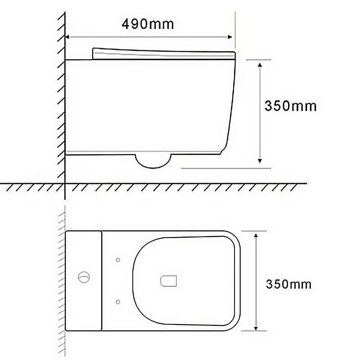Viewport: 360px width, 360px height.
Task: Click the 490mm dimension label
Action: (x=148, y=24)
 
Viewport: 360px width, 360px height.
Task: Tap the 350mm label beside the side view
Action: (x=290, y=106)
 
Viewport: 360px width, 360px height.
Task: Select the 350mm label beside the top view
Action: (x=288, y=284)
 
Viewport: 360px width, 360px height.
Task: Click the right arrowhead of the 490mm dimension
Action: (x=230, y=37)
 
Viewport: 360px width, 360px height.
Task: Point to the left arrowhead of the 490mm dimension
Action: (x=67, y=37)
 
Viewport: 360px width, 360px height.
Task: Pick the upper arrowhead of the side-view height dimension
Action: (x=260, y=65)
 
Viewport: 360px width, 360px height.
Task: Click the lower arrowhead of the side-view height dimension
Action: (x=260, y=161)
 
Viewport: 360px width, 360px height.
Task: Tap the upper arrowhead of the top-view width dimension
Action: (x=256, y=235)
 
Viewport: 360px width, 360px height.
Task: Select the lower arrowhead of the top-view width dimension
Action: (x=256, y=328)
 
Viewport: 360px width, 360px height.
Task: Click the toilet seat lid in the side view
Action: (x=164, y=54)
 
